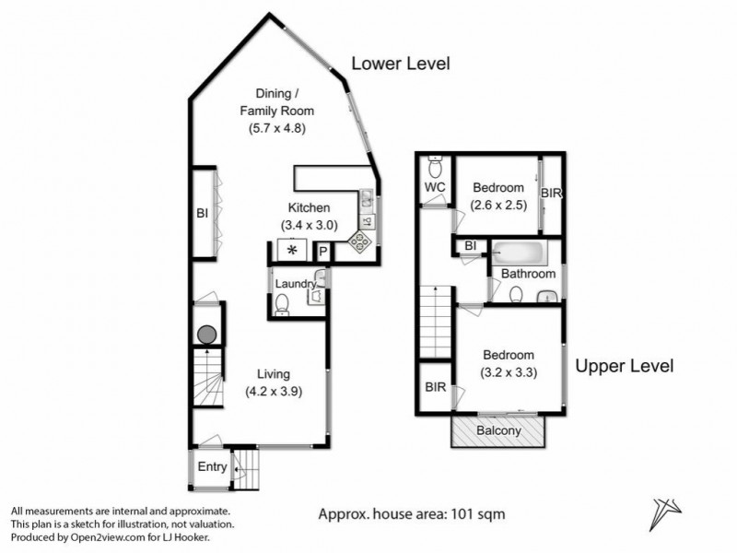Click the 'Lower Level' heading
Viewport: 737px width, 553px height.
(400, 64)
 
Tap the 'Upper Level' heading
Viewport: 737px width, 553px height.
(624, 366)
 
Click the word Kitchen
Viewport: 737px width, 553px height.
(309, 208)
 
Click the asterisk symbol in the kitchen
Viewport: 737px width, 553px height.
(292, 250)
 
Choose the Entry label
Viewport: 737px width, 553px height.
(212, 467)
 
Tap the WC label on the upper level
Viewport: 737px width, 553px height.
(435, 188)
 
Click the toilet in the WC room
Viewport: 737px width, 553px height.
(435, 168)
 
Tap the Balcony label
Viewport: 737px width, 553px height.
(498, 430)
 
